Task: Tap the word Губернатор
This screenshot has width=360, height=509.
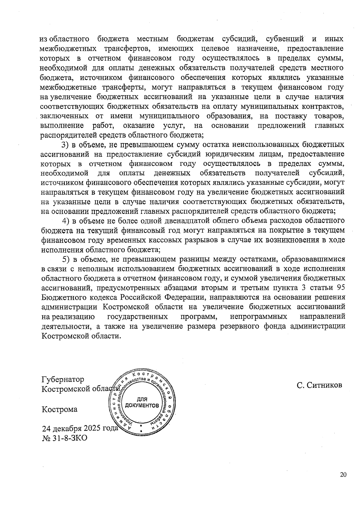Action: [63, 379]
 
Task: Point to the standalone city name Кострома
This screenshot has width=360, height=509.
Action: [59, 409]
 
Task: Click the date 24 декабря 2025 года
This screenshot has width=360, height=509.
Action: [80, 428]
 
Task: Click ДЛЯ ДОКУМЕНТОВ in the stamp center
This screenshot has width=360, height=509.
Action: [142, 403]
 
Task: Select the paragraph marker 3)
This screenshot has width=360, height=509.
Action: [65, 145]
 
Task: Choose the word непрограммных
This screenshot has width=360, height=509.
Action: [258, 316]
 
